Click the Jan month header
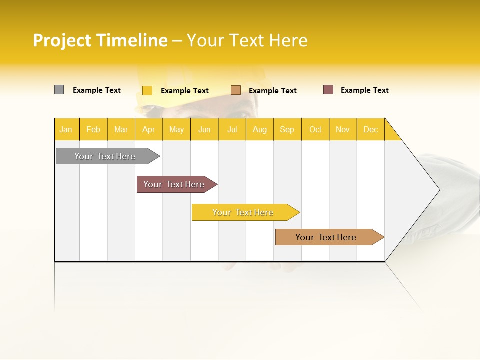click(66, 129)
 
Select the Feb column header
click(93, 129)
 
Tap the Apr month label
click(148, 129)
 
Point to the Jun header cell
click(204, 129)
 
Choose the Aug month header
click(259, 129)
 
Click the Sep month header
click(287, 129)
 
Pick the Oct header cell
click(315, 129)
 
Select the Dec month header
click(370, 129)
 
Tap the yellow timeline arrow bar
click(243, 212)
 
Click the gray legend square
click(59, 90)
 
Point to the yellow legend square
click(147, 90)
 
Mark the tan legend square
click(236, 90)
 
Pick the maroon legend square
click(328, 90)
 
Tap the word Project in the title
click(62, 40)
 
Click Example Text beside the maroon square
click(364, 90)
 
